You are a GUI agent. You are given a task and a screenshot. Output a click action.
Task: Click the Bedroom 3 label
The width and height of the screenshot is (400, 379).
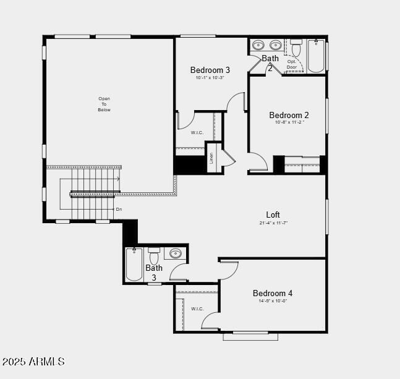(210, 70)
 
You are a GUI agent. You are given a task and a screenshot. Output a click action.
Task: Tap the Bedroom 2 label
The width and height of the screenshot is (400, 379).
(289, 115)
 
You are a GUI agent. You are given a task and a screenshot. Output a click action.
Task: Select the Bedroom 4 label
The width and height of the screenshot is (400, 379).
(273, 293)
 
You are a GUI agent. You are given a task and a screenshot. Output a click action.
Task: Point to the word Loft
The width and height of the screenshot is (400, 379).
(273, 215)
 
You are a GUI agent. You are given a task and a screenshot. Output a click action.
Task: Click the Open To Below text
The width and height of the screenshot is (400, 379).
(104, 104)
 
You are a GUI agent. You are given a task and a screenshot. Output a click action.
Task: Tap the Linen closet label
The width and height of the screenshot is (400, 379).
(211, 158)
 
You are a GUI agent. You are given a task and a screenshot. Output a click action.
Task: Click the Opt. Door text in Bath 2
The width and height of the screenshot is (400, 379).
(292, 64)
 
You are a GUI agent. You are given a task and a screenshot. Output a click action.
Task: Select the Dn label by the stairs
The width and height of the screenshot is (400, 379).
(119, 209)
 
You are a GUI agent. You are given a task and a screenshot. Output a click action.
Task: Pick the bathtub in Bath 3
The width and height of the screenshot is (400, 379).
(134, 264)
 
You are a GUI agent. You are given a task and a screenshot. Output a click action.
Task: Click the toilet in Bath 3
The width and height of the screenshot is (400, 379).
(154, 256)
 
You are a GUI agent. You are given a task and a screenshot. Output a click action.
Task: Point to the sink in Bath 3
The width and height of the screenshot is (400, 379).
(176, 253)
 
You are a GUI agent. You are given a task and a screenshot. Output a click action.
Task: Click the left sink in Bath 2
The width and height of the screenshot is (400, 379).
(259, 45)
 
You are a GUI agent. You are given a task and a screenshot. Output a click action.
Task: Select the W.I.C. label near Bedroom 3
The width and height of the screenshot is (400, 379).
(197, 132)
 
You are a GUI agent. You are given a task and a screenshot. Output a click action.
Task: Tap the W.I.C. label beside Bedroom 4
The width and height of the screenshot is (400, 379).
(197, 309)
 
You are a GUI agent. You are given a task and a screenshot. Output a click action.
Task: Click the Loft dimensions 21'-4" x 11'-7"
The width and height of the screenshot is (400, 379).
(273, 223)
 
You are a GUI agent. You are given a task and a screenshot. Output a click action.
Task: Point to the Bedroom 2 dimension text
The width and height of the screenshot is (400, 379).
(289, 122)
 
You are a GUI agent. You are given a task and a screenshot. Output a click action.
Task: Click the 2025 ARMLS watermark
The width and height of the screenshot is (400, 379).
(33, 361)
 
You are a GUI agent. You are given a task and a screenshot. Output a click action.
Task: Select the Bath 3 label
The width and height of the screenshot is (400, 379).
(154, 273)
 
